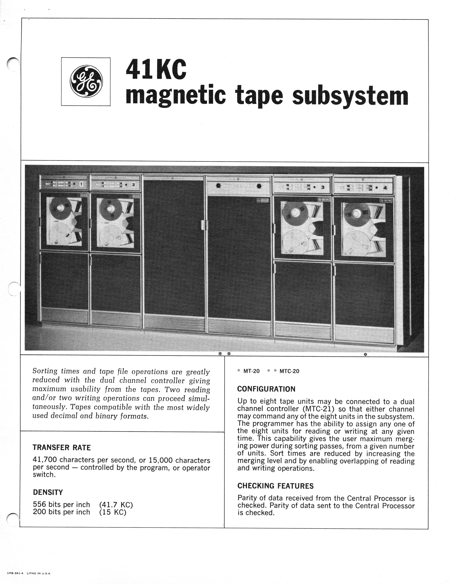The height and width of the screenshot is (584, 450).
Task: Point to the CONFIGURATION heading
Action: click(266, 389)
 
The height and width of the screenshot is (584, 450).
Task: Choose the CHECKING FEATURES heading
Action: click(275, 486)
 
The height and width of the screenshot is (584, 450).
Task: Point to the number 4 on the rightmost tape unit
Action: click(385, 188)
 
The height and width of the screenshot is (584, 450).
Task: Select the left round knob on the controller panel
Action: click(218, 186)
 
